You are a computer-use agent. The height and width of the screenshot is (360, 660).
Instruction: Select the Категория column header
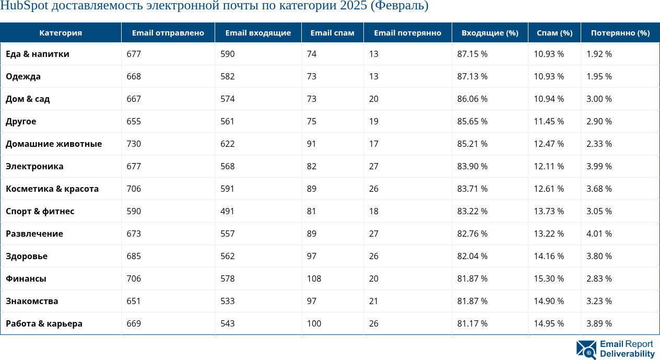61,33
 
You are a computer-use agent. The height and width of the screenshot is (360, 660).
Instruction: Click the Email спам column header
332,33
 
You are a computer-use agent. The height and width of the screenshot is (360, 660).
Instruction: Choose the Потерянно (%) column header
620,33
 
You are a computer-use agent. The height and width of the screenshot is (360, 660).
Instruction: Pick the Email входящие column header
258,33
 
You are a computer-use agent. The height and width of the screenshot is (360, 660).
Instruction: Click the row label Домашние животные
54,144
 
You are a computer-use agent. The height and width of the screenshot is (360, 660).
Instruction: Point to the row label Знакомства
32,301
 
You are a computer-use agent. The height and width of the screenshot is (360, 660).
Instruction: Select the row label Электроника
34,166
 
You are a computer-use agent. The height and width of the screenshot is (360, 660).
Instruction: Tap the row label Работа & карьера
44,323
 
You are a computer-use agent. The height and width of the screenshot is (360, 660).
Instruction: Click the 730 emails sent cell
134,144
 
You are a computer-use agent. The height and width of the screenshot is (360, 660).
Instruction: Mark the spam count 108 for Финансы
314,278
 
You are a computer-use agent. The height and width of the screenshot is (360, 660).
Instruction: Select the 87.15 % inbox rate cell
472,54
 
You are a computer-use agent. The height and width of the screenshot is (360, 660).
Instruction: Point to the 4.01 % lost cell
599,234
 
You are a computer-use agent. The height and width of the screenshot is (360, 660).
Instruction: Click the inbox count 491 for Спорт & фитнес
227,211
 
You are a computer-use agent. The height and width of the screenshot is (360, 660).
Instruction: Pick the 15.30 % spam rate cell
549,278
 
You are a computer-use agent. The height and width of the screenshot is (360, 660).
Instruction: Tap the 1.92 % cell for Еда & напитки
599,54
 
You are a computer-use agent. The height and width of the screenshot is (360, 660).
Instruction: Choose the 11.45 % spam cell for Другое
549,121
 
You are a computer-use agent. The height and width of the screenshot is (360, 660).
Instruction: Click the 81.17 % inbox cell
472,323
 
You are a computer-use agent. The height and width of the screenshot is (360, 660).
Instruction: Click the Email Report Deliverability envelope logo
586,350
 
